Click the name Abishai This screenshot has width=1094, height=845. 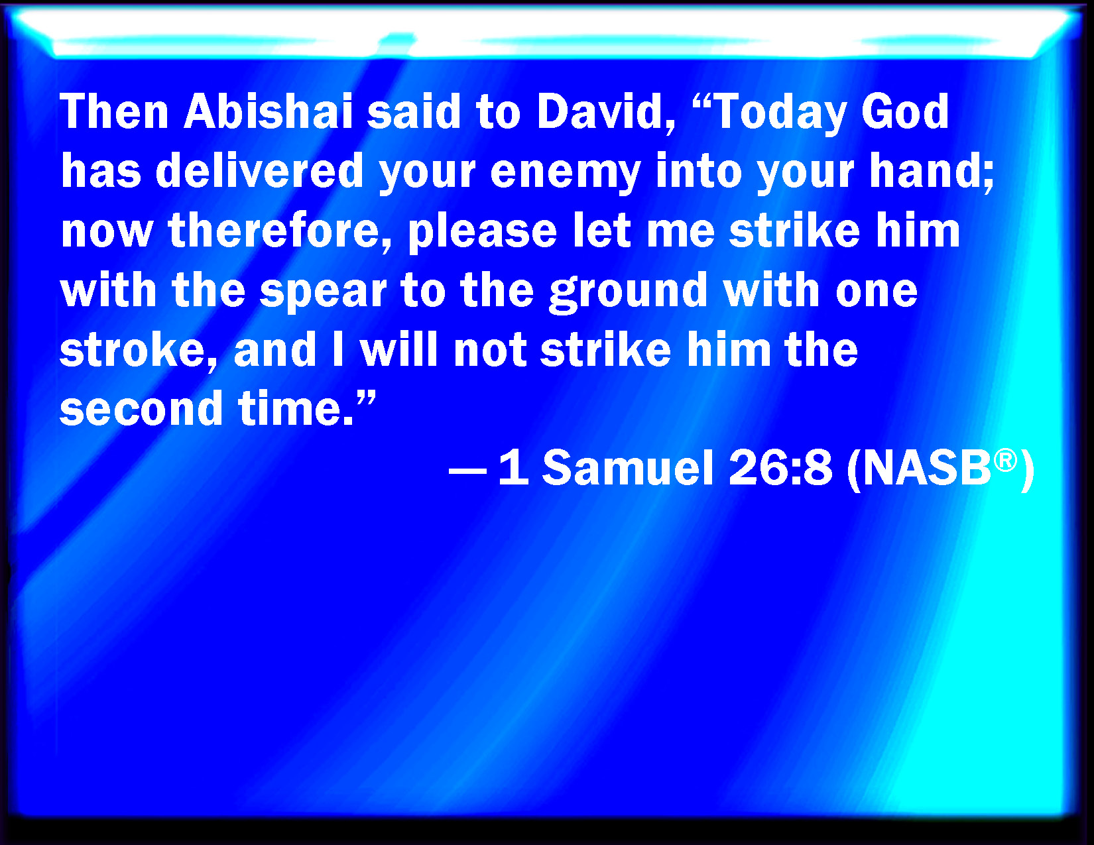(269, 111)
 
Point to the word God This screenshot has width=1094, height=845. (904, 111)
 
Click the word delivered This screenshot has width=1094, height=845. (259, 170)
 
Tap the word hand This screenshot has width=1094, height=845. (927, 170)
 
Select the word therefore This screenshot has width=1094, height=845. (280, 231)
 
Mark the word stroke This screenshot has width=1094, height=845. (133, 351)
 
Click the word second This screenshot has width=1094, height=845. (141, 408)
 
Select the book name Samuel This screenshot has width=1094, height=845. (628, 468)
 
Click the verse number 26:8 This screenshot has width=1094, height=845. (780, 468)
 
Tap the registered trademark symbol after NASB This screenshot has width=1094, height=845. (1005, 461)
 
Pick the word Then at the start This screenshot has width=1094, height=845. (114, 111)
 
